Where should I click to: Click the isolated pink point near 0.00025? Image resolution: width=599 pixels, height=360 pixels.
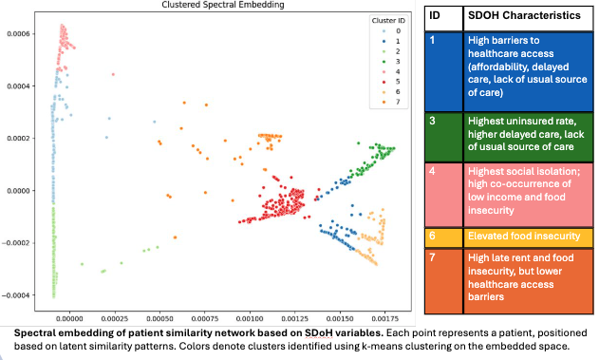[113, 73]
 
